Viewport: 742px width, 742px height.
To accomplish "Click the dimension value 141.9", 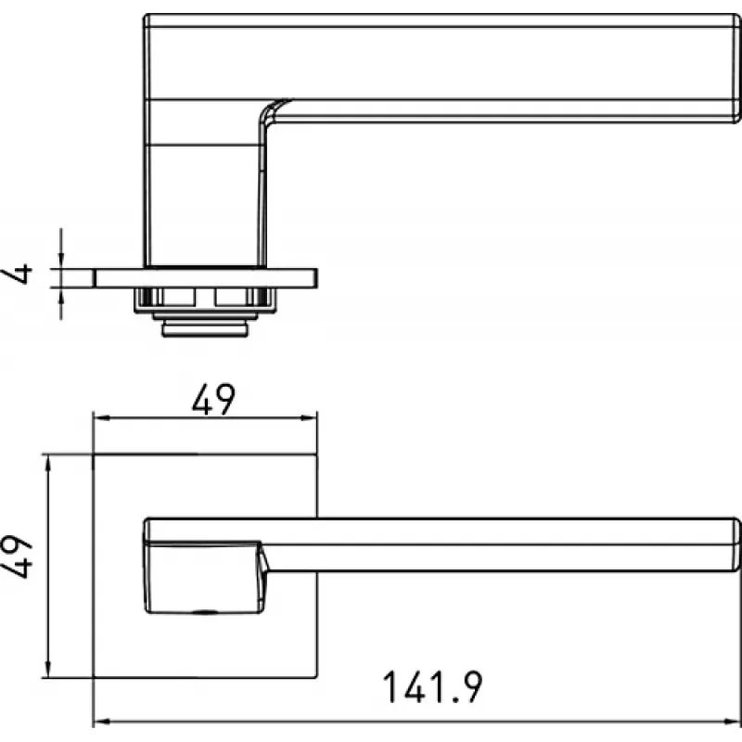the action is pyautogui.click(x=432, y=687).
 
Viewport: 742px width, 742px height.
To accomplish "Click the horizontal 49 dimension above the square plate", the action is pyautogui.click(x=213, y=400).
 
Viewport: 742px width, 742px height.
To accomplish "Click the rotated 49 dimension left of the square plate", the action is pyautogui.click(x=16, y=556).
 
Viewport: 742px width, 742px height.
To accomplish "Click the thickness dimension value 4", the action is pyautogui.click(x=17, y=274).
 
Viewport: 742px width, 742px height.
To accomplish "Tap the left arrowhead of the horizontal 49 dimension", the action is pyautogui.click(x=102, y=418).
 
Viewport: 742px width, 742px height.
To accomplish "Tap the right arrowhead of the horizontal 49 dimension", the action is pyautogui.click(x=309, y=418).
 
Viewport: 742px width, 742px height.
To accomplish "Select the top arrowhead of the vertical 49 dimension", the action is pyautogui.click(x=47, y=464).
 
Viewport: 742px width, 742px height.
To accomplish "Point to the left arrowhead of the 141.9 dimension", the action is pyautogui.click(x=102, y=722).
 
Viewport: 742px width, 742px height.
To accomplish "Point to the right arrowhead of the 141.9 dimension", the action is pyautogui.click(x=733, y=722).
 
